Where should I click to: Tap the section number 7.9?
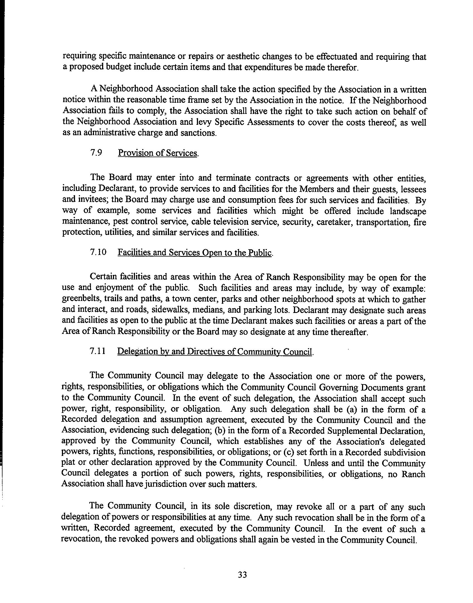point(96,153)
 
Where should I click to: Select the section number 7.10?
point(98,252)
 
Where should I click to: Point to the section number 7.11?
point(98,351)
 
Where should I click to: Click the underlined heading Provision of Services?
point(158,153)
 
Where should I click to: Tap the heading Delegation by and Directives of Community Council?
point(215,351)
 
